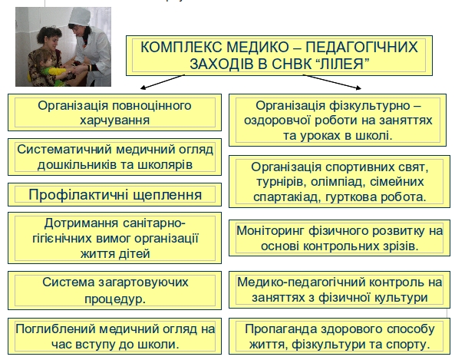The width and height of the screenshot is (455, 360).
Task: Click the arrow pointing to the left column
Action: tap(163, 82)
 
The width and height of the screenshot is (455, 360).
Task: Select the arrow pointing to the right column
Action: tap(332, 81)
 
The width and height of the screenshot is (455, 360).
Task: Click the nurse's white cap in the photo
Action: tap(79, 17)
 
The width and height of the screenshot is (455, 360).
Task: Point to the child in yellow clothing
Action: tap(49, 68)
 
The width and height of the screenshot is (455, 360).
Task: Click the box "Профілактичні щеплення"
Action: tap(114, 194)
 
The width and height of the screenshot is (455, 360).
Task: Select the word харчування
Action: tap(114, 121)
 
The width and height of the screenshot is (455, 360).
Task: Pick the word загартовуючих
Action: tap(143, 282)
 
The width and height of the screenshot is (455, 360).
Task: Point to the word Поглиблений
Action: tap(56, 329)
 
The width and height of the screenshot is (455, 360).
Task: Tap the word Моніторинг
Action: tap(271, 231)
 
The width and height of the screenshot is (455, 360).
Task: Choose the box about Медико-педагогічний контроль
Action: tap(339, 289)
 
